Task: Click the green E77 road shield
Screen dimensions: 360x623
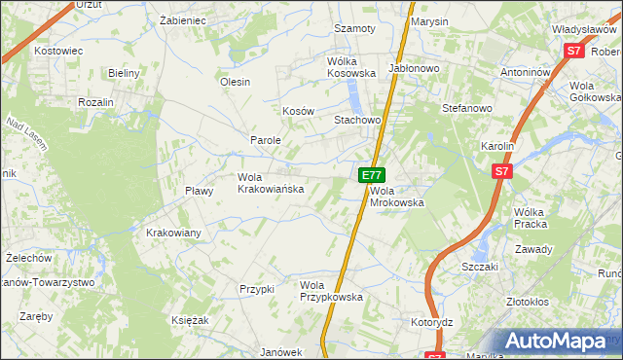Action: point(369,174)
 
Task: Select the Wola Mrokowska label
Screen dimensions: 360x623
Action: point(397,197)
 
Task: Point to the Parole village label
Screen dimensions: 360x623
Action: point(266,140)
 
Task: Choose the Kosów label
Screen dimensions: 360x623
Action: point(298,111)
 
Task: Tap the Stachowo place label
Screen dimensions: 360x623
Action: point(356,120)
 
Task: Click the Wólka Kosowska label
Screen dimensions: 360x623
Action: point(350,66)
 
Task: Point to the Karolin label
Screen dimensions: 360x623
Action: point(497,146)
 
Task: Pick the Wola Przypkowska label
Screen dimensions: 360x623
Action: point(331,291)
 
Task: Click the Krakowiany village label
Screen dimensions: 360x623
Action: point(173,233)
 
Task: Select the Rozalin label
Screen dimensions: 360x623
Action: point(96,102)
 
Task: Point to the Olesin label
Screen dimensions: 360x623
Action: point(236,82)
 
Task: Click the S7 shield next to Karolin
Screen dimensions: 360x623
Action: point(501,172)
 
